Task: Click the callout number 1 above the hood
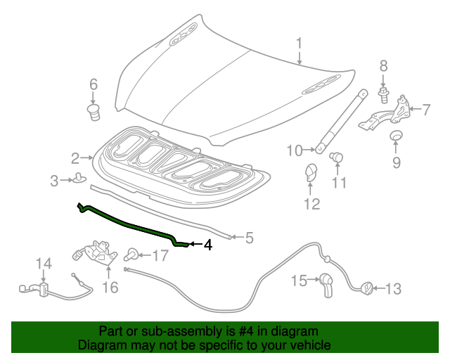coord(299,44)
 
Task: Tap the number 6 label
coord(93,86)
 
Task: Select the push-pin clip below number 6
coord(92,112)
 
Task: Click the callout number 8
coord(383,67)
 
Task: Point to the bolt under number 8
coord(383,94)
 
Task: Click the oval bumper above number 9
coord(397,136)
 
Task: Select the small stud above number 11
coord(336,157)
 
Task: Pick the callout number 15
coord(300,281)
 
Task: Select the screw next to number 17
coord(131,254)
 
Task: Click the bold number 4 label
coord(207,245)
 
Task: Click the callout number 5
coord(249,238)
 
